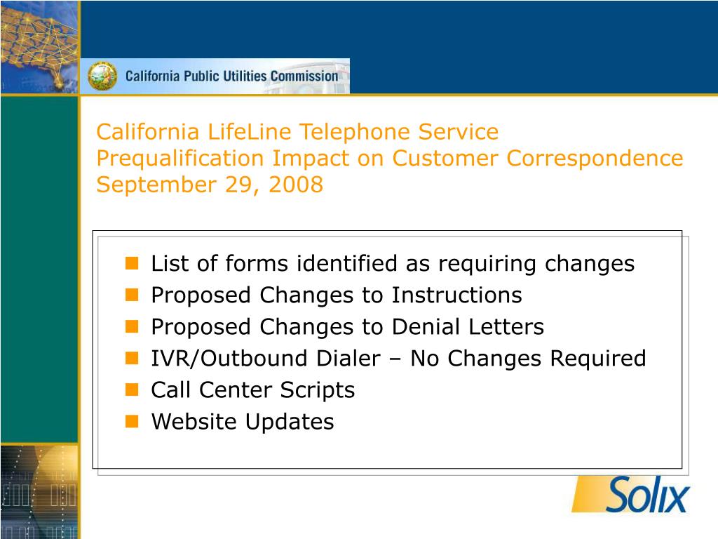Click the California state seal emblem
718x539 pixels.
102,76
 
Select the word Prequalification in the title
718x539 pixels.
180,159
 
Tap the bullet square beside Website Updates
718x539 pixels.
132,421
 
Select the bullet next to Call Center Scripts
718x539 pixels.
132,390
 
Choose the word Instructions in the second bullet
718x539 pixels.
456,295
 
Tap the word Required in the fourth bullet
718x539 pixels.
597,359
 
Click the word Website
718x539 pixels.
195,422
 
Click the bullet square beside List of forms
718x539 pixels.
132,264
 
